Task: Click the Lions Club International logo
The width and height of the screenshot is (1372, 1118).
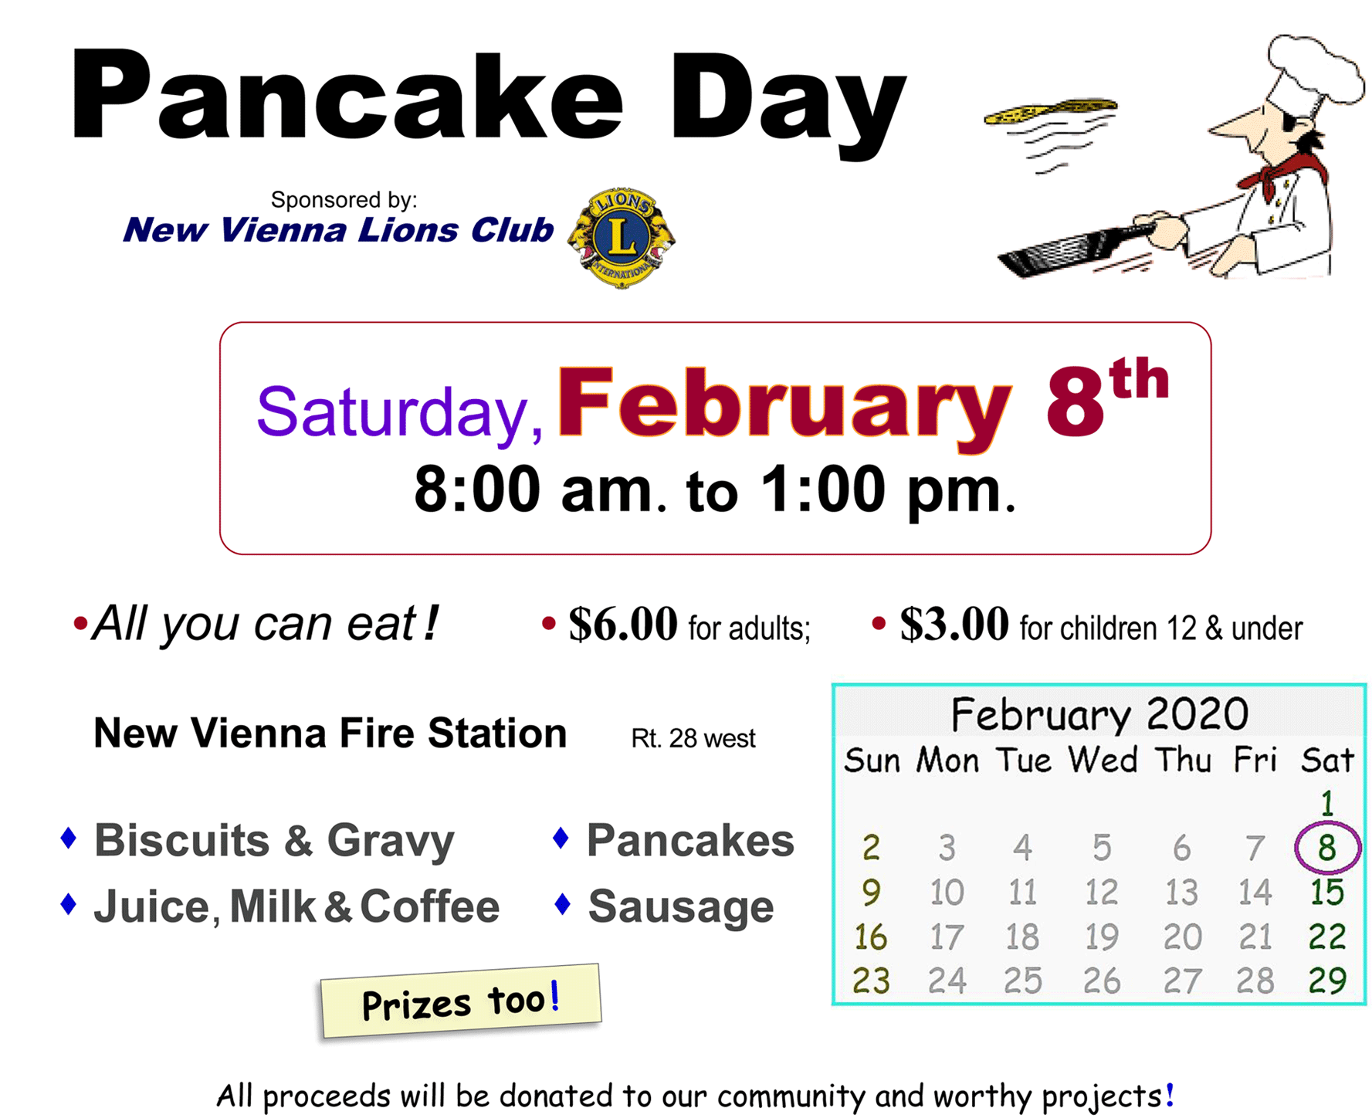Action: tap(622, 237)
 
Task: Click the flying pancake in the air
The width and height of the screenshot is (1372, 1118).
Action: tap(1050, 111)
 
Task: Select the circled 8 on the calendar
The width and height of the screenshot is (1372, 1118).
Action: tap(1327, 847)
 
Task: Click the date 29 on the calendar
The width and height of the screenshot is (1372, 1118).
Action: tap(1327, 981)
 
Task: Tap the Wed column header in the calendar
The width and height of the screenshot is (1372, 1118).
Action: tap(1103, 761)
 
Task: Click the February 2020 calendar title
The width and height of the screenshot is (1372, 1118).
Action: tap(1099, 713)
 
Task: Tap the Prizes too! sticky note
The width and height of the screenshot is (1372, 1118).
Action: tap(461, 1000)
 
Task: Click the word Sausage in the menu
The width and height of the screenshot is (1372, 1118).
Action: tap(681, 906)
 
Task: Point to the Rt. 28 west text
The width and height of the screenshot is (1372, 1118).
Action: tap(693, 739)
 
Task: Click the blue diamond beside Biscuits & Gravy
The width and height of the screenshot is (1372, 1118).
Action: tap(69, 838)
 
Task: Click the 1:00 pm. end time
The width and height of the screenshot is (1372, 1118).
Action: tap(888, 490)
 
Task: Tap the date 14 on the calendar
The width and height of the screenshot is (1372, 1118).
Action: tap(1255, 893)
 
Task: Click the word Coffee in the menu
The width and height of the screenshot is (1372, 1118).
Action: tap(430, 906)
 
